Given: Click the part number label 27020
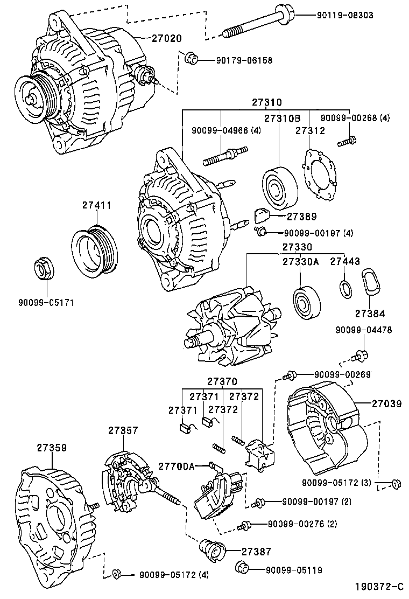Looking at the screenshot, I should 166,39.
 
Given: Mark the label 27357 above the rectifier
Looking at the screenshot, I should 123,430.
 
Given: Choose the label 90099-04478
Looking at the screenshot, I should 364,330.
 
